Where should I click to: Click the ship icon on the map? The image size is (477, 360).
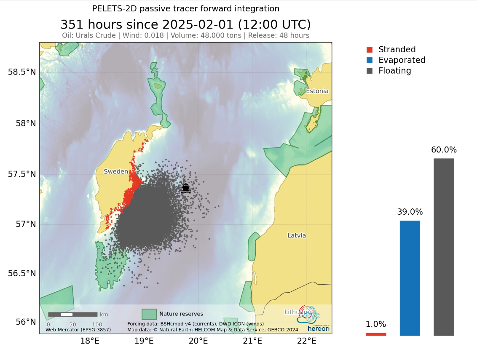185,188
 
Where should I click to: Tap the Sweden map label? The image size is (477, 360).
116,171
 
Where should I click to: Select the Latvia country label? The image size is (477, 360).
297,235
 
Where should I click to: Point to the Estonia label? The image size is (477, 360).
317,91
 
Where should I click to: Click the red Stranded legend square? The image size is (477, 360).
370,49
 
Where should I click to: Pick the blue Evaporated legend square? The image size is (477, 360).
370,60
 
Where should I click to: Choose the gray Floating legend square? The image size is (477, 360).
370,71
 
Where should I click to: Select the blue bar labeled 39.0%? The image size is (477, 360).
410,278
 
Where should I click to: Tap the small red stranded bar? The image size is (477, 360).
376,334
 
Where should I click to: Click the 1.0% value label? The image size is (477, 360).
376,324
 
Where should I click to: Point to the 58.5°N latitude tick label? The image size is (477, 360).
22,72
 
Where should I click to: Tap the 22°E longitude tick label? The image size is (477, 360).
307,340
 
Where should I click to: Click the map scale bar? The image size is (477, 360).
72,315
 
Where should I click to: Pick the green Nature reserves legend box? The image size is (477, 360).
149,314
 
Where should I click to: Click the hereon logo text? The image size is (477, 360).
318,328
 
